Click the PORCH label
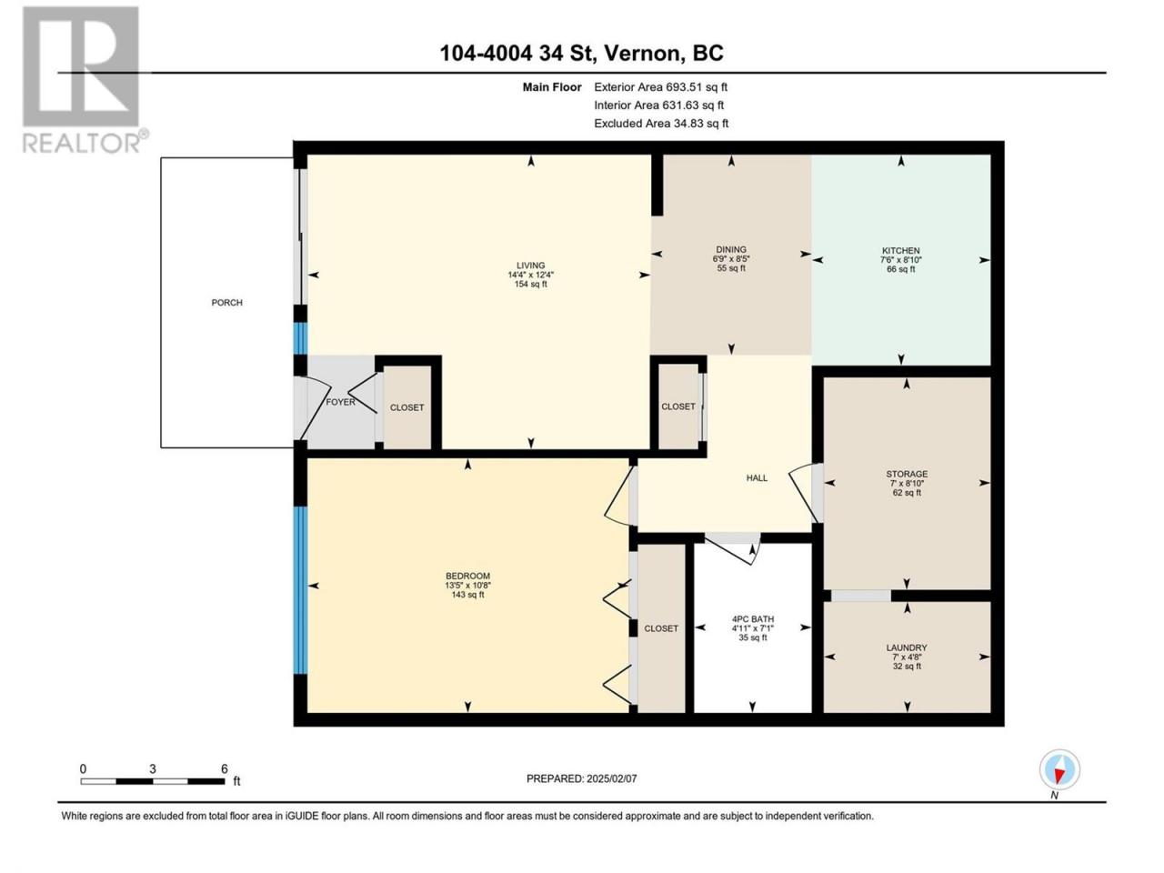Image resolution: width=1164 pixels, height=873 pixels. (x=226, y=303)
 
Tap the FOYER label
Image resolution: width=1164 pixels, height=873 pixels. (x=340, y=402)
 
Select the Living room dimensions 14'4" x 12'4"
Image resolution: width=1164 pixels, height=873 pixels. (x=530, y=275)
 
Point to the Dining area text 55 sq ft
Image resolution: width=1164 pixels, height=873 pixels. (x=731, y=267)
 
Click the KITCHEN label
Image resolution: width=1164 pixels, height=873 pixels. (x=900, y=251)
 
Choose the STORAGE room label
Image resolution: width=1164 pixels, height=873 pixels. (x=907, y=474)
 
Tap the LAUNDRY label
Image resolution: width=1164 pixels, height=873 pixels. (x=907, y=647)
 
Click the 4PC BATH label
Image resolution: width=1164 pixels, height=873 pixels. (x=752, y=618)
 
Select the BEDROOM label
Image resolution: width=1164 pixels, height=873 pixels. (x=467, y=576)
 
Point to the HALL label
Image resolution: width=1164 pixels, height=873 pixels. (x=757, y=477)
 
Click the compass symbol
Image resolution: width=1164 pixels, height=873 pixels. (x=1059, y=768)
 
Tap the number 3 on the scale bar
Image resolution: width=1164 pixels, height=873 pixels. (x=152, y=768)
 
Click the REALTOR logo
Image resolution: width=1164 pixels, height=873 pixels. (x=84, y=79)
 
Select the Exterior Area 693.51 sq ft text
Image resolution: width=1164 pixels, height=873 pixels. (x=661, y=87)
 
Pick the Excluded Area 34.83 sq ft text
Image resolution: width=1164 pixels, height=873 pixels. (x=661, y=124)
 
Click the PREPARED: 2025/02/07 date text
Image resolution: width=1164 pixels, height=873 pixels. (x=581, y=778)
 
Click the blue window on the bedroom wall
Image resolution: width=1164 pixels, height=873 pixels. (x=300, y=590)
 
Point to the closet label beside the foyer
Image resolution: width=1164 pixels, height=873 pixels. (x=406, y=407)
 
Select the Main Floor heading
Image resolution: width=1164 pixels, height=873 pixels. (x=551, y=87)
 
